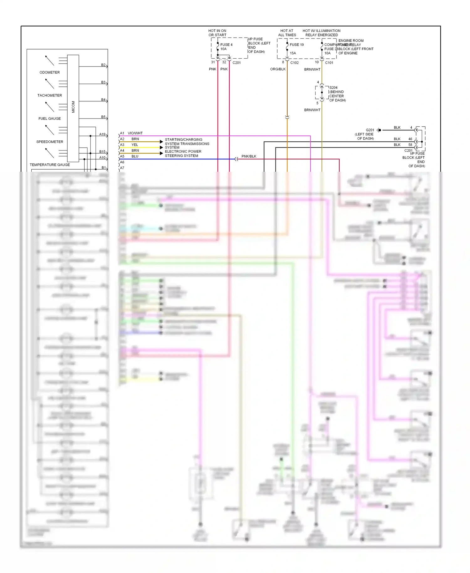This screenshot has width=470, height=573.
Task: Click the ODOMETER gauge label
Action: [50, 72]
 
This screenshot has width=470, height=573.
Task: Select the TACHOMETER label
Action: [50, 95]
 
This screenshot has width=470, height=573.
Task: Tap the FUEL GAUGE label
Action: [50, 118]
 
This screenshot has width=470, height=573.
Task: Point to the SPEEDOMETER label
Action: [50, 142]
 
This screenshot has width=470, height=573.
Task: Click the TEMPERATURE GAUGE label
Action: [50, 165]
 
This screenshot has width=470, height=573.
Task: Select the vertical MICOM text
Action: [73, 107]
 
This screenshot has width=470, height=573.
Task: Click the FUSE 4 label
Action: [226, 45]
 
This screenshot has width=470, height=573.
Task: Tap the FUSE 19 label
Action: [296, 45]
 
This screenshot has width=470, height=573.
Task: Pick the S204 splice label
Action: [333, 88]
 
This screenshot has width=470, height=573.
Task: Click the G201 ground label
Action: [370, 130]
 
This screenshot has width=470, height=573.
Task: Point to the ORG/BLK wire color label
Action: [278, 69]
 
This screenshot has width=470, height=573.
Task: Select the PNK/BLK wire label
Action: [249, 156]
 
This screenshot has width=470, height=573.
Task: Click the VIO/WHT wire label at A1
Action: [135, 133]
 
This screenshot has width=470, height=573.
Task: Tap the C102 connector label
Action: [294, 63]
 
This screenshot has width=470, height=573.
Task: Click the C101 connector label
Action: [329, 63]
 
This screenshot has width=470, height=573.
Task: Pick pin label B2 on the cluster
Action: [103, 65]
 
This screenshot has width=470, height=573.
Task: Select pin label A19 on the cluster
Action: [102, 134]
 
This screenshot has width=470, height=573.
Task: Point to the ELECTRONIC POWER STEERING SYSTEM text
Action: [183, 154]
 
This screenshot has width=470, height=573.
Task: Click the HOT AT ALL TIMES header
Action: [287, 33]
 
